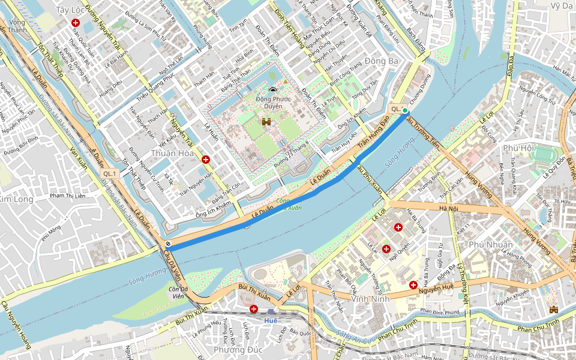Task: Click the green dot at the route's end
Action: (405, 110)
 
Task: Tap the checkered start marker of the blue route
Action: (169, 244)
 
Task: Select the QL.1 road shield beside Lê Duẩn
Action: (109, 173)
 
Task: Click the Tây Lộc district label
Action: (70, 10)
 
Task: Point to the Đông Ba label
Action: (381, 61)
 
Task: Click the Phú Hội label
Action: (519, 148)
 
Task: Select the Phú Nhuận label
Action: (491, 244)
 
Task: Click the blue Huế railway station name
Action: (271, 320)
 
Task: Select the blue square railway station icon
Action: (271, 311)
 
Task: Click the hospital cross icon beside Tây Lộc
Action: (76, 22)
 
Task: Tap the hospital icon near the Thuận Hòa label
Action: (206, 160)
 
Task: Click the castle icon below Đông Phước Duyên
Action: (266, 122)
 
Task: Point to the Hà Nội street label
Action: (448, 208)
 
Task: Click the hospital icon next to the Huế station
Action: (254, 309)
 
